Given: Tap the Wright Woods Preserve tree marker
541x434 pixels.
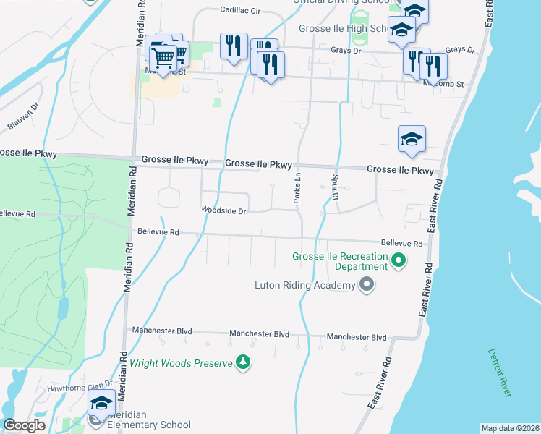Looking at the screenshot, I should coord(244,362).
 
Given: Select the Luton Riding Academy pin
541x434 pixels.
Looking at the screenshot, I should coord(367,285).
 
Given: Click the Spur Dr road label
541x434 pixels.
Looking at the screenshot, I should coord(336,187).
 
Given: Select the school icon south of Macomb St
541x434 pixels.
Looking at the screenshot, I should coord(412,139).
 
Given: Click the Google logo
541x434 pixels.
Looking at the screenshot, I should coord(25,425).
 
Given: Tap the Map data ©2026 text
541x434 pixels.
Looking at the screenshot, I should coord(510,428).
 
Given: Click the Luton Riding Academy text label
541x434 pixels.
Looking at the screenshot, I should coord(304,285).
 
